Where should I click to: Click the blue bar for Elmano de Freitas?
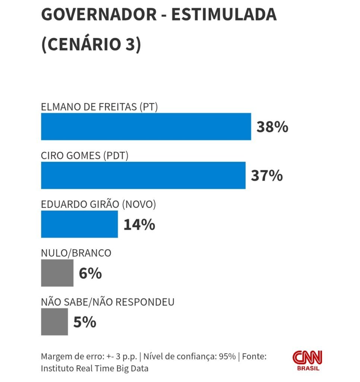click(146, 126)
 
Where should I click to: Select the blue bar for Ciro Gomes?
click(143, 175)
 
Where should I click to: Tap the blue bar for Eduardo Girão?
click(79, 224)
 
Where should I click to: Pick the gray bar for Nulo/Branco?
click(57, 273)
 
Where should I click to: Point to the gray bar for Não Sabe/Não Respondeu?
click(54, 322)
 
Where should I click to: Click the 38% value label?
click(272, 127)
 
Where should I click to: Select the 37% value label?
click(266, 176)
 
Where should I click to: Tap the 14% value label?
click(139, 225)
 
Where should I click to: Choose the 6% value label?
click(90, 273)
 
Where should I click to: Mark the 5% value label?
click(85, 322)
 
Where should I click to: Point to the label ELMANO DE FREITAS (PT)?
click(100, 107)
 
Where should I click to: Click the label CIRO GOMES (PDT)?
click(85, 156)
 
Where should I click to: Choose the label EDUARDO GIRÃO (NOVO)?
click(98, 204)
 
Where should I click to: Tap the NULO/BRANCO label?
click(76, 253)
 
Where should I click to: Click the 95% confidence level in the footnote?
click(227, 356)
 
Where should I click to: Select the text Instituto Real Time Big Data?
click(95, 369)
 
